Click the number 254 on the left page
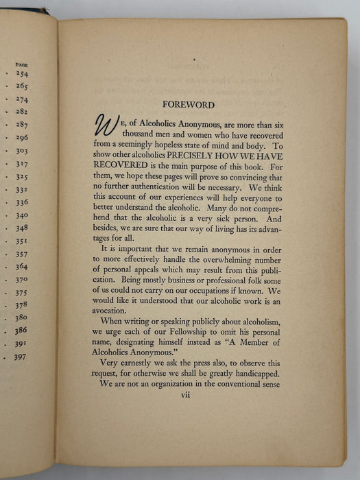[21, 74]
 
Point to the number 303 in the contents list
[21, 150]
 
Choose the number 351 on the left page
[21, 241]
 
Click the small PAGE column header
[21, 64]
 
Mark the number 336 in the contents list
[21, 202]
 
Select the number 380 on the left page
[21, 317]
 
